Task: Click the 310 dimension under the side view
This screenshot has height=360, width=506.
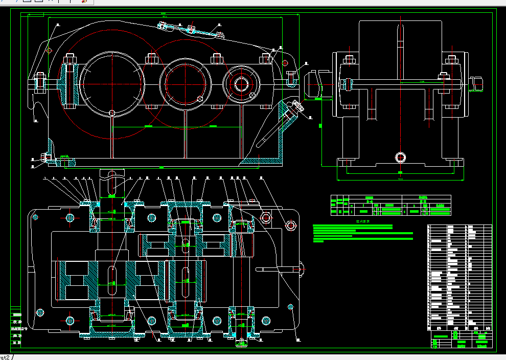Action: [400, 179]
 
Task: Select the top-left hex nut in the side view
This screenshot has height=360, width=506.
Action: [350, 60]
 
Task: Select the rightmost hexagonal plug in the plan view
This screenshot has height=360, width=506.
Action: [290, 225]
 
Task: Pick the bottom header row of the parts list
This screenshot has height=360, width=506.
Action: [459, 328]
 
